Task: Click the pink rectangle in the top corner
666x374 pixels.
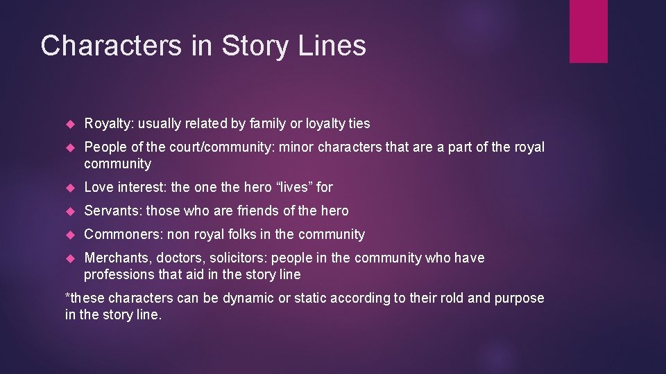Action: click(588, 31)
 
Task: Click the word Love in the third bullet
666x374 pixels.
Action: click(98, 187)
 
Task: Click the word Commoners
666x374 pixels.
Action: click(123, 234)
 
